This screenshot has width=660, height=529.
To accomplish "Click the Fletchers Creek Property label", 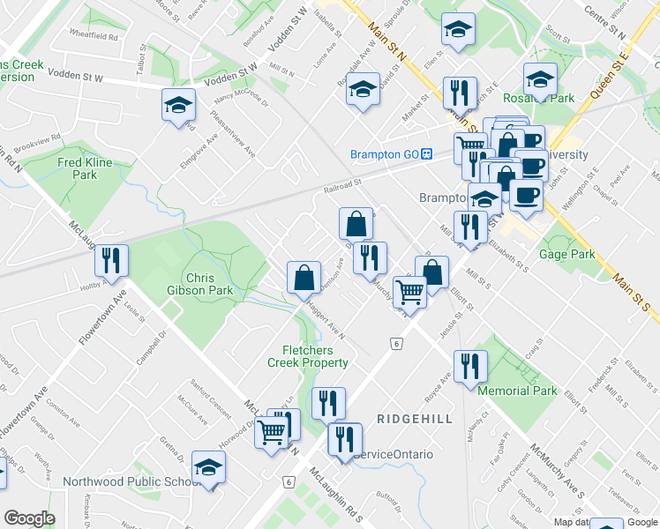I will coord(308,356).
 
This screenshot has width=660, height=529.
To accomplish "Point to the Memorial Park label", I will coord(517,391).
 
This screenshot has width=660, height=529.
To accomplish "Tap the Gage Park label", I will coord(570,254).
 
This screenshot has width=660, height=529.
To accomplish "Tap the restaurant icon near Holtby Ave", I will coord(111,260).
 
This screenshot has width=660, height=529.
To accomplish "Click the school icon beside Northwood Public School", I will coord(209,466).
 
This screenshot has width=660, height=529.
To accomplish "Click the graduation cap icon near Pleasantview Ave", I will coord(178,106).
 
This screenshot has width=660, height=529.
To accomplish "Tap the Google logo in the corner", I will coord(29,519).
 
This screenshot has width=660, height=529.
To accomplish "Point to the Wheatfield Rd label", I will coord(96,37).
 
